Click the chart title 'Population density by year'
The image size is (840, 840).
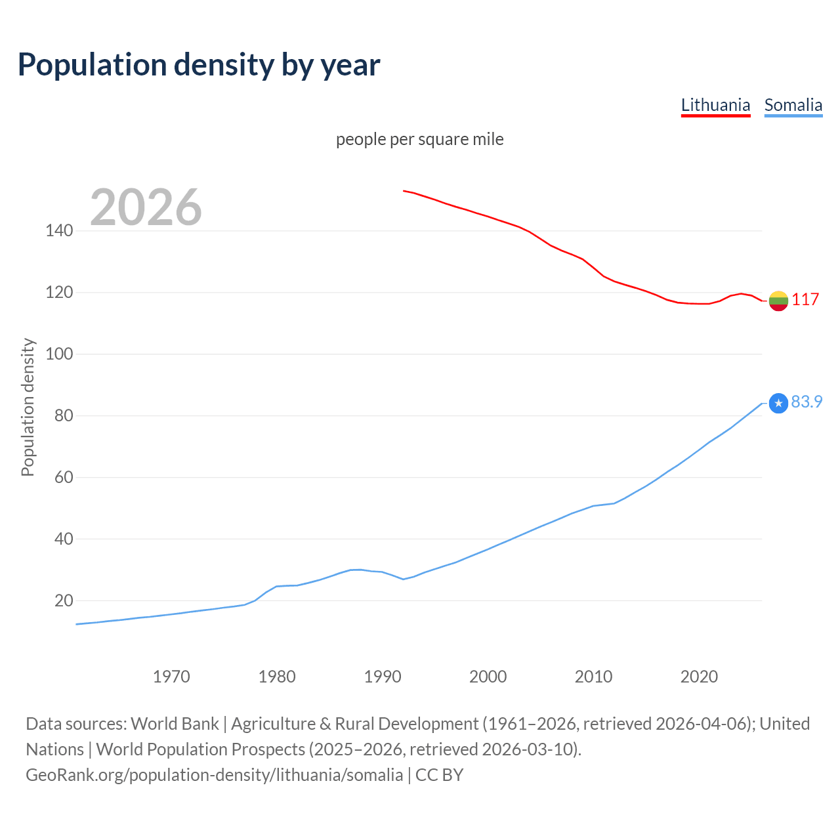coord(199,65)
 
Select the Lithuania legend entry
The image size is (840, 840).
coord(715,105)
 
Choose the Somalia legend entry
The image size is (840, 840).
coord(793,105)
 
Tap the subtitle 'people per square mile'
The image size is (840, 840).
coord(420,139)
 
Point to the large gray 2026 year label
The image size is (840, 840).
coord(146,207)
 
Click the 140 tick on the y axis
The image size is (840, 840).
coord(59,230)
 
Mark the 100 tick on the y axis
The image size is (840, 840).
coord(59,354)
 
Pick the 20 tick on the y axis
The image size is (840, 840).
coord(64,600)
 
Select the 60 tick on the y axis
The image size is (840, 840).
coord(64,477)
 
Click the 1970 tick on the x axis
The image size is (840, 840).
coord(171,677)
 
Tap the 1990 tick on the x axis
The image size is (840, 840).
coord(383,677)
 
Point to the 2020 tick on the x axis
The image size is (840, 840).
coord(699,677)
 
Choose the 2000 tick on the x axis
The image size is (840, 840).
coord(488,677)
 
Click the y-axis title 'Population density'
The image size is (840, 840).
coord(28,407)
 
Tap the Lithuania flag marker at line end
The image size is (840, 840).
coord(778,301)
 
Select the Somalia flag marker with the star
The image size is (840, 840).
coord(778,403)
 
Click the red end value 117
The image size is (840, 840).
coord(805,299)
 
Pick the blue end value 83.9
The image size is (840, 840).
coord(807,402)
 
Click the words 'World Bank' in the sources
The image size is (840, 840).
coord(175,724)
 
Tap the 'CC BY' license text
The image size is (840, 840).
coord(439,775)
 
